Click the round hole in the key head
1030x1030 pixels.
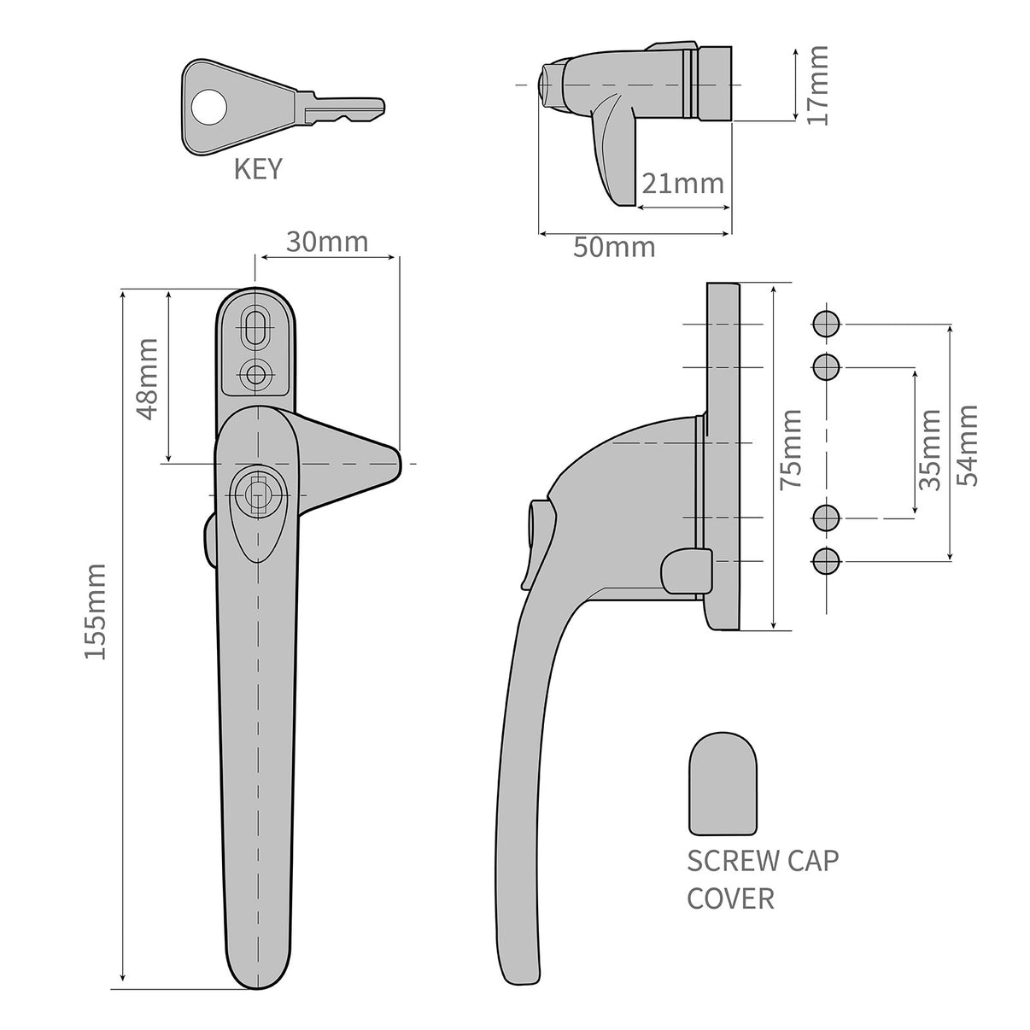[x=208, y=108]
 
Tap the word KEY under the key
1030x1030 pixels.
[x=257, y=169]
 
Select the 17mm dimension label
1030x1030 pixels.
[x=817, y=85]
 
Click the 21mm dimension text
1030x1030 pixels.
[x=682, y=183]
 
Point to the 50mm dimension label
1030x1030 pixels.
[x=614, y=248]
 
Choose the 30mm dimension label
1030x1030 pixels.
[x=326, y=242]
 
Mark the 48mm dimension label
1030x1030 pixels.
[x=147, y=377]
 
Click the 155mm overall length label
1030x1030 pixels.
[x=96, y=611]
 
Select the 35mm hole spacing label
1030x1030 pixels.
[x=930, y=448]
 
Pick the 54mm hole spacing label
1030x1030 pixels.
[x=968, y=445]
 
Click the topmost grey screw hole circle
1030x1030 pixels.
[x=826, y=324]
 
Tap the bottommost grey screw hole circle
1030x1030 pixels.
[x=826, y=561]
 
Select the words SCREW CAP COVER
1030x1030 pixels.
[x=762, y=879]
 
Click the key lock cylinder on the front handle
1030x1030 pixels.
[x=253, y=493]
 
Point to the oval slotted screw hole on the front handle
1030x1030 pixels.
[x=255, y=327]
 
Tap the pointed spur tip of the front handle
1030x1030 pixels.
[x=392, y=462]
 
